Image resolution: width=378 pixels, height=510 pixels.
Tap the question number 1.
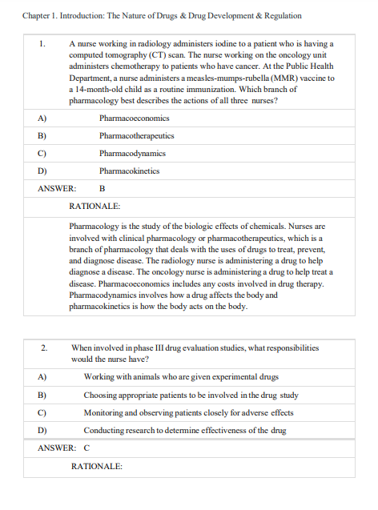[x=43, y=43]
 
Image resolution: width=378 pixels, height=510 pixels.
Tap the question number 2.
[x=45, y=348]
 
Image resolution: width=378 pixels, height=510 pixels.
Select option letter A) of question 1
[x=41, y=118]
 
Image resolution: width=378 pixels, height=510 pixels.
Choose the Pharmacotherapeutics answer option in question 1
[x=136, y=135]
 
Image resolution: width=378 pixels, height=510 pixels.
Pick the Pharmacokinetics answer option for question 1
[x=129, y=171]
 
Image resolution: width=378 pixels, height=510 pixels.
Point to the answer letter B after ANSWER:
[x=102, y=188]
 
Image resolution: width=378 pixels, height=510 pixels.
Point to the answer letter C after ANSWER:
[x=86, y=448]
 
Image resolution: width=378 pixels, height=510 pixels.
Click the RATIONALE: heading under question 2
[x=96, y=466]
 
